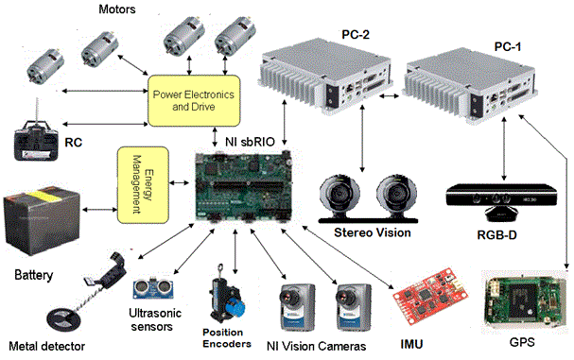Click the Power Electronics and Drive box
[x=194, y=100]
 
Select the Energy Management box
[x=143, y=185]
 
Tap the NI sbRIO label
[x=250, y=142]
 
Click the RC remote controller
[x=36, y=140]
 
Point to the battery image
[x=42, y=219]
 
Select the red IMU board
[x=430, y=296]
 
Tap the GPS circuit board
[x=524, y=301]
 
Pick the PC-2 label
[x=356, y=35]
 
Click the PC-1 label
[x=508, y=47]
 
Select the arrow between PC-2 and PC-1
[x=390, y=95]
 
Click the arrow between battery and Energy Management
[x=99, y=210]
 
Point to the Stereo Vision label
[x=373, y=232]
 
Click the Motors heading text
[x=117, y=9]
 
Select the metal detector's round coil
[x=63, y=320]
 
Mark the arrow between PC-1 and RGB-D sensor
[x=504, y=148]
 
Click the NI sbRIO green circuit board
[x=243, y=186]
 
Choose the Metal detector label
[x=47, y=346]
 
